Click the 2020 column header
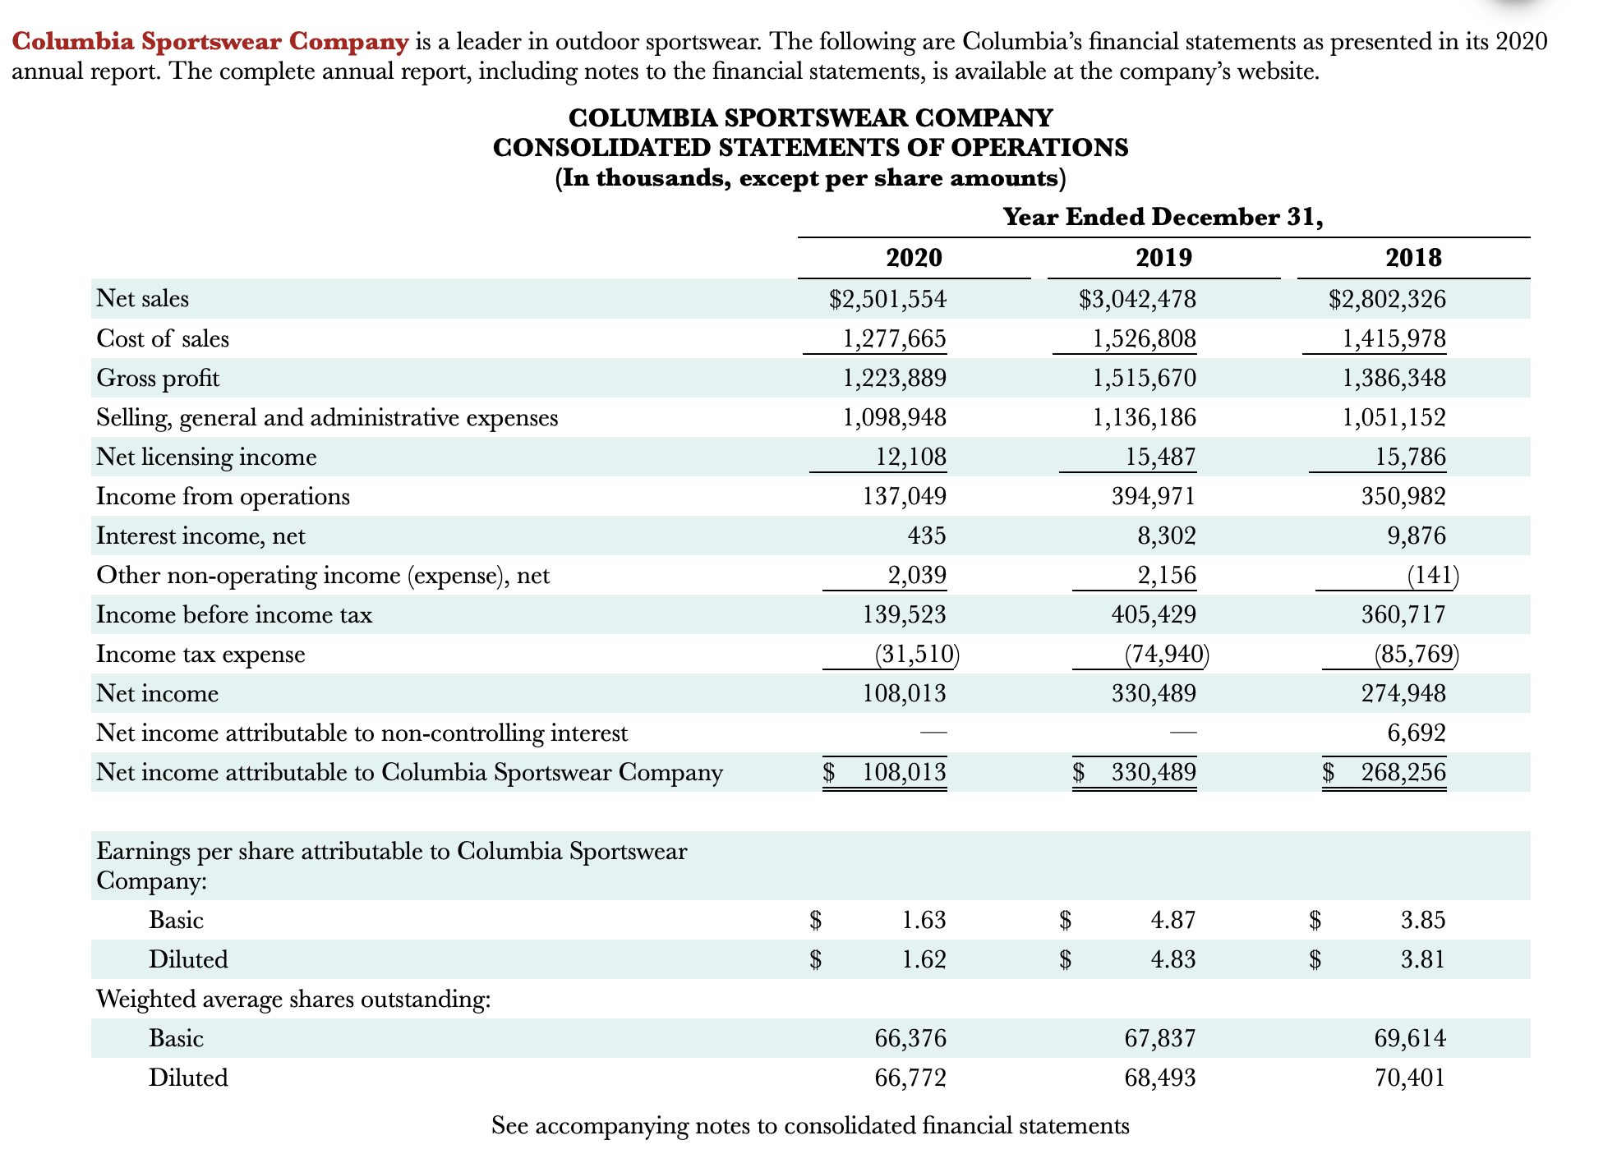(914, 258)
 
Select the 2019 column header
(1163, 258)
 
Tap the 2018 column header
(1413, 258)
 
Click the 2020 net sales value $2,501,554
(887, 299)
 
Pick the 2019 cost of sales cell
(1144, 338)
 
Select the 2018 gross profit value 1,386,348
(1394, 378)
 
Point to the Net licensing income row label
(206, 457)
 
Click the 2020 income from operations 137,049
(904, 496)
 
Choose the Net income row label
(157, 693)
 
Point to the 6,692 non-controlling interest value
(1417, 733)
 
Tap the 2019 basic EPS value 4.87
(1173, 920)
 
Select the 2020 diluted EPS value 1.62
(924, 959)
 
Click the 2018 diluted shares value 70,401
(1410, 1078)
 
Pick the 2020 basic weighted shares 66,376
(910, 1038)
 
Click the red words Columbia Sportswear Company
(210, 41)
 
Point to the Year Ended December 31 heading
(1163, 217)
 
